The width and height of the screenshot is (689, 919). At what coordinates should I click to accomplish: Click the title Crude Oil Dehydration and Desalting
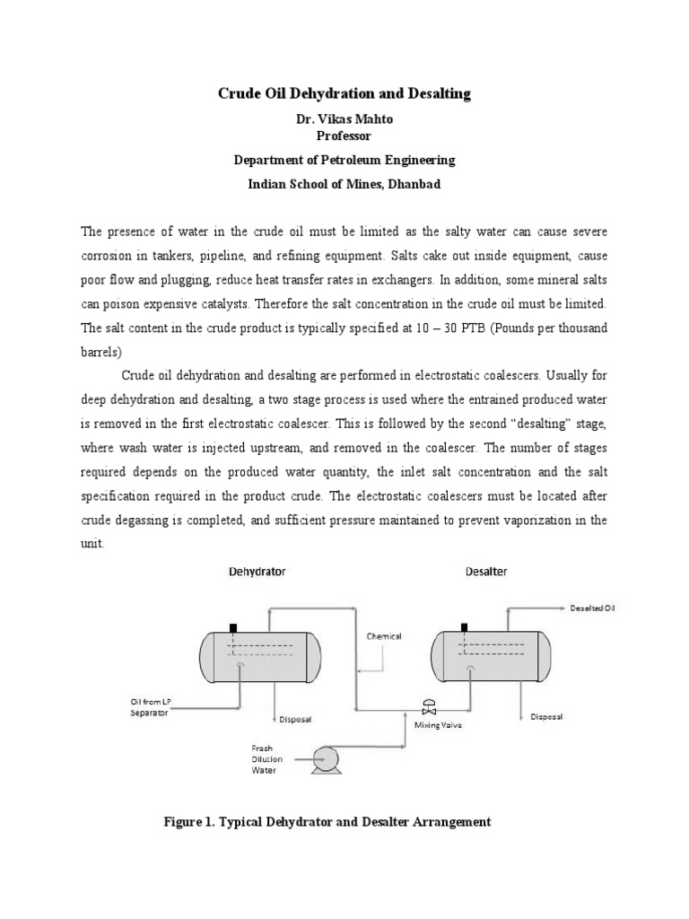tap(344, 93)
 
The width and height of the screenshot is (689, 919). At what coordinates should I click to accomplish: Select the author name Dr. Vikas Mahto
tap(344, 119)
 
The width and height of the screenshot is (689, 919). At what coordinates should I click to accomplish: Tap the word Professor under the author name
tap(344, 136)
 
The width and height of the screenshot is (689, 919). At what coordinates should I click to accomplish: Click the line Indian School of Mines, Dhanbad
tap(344, 182)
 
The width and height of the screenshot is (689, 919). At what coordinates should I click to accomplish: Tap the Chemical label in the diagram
tap(383, 636)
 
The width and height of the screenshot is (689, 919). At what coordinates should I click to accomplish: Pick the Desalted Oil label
tap(593, 608)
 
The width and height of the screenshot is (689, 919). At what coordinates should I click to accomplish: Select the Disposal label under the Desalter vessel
tap(546, 717)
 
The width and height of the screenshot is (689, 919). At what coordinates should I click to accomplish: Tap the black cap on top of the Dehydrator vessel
tap(234, 627)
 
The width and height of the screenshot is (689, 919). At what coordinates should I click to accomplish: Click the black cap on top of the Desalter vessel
tap(463, 627)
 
